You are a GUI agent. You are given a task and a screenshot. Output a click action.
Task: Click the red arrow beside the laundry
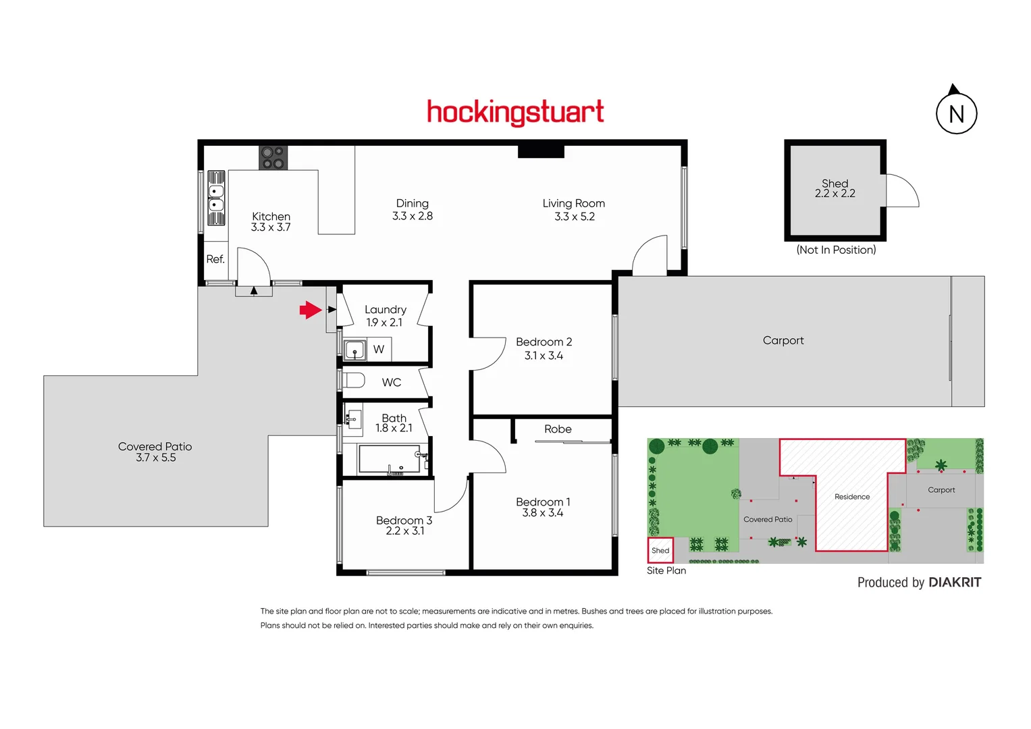(310, 310)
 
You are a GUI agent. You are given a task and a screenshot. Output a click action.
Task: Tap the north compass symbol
(956, 113)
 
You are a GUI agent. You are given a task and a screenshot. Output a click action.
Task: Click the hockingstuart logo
(515, 112)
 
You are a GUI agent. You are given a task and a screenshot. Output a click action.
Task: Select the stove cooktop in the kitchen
(273, 158)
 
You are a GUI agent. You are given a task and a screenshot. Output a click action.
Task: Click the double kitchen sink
(215, 198)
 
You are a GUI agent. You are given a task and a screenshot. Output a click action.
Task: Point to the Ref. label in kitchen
(215, 259)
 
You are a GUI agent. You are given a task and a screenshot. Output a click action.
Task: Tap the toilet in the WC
(354, 381)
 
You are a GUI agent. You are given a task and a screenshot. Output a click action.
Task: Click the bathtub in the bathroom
(390, 459)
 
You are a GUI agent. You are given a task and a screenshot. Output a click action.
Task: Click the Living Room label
(573, 203)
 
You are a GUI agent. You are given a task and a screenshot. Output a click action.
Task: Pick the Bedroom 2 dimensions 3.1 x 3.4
(544, 356)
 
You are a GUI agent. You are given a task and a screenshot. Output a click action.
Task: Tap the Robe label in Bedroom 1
(558, 429)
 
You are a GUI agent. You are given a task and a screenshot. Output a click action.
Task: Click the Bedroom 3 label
(404, 520)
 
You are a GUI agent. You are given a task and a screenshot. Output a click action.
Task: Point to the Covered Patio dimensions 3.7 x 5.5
(155, 458)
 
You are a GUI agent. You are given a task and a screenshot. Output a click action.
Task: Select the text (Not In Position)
(836, 250)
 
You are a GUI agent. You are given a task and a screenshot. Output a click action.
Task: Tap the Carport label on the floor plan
(783, 341)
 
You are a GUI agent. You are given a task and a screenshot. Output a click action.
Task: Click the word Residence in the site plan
(852, 497)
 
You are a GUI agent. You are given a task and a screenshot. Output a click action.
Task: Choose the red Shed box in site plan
(660, 550)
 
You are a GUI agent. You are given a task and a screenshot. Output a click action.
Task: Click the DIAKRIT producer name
(955, 583)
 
